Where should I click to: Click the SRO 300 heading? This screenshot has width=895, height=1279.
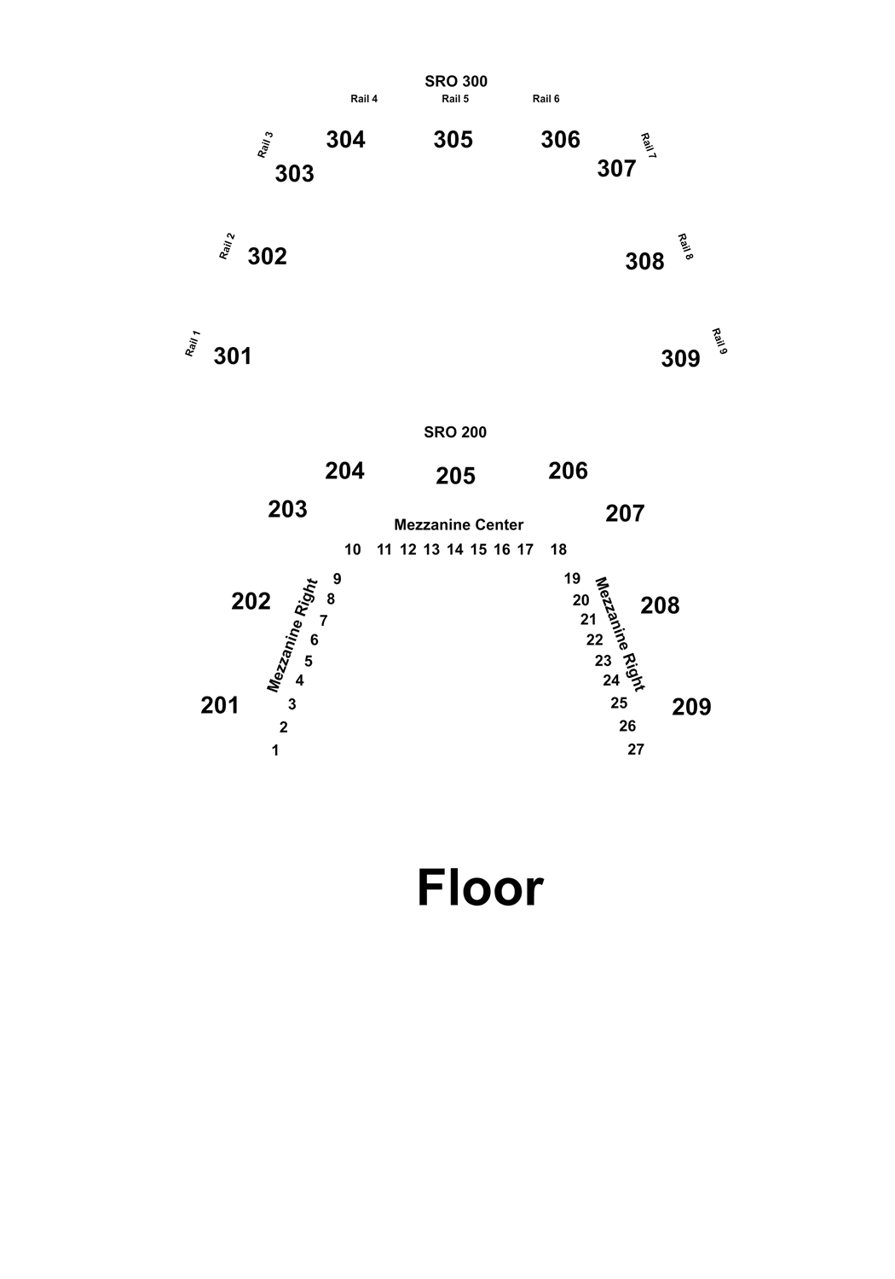(456, 82)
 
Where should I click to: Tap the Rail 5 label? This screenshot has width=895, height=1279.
(455, 99)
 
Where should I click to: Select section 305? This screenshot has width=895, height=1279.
(453, 140)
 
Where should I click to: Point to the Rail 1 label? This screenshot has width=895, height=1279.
(193, 343)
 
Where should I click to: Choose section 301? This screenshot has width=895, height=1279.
(233, 356)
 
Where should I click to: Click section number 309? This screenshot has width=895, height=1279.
(680, 359)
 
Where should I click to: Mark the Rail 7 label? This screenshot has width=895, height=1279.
(649, 146)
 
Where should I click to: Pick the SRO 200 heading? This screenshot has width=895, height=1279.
(455, 432)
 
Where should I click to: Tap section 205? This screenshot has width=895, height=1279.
(455, 476)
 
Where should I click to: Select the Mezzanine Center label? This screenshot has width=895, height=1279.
(459, 524)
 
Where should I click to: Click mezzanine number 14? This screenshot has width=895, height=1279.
(455, 550)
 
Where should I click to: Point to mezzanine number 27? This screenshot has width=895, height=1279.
(636, 749)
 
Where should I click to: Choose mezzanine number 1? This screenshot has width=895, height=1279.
(275, 750)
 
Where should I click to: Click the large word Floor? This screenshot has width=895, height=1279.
(480, 888)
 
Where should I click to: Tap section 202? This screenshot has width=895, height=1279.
(251, 601)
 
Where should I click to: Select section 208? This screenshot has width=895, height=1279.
(660, 605)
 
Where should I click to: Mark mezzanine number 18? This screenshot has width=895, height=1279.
(558, 550)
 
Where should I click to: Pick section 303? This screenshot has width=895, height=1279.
(295, 174)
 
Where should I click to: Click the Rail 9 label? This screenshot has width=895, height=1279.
(719, 341)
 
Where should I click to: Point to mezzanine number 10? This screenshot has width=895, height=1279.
(353, 550)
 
